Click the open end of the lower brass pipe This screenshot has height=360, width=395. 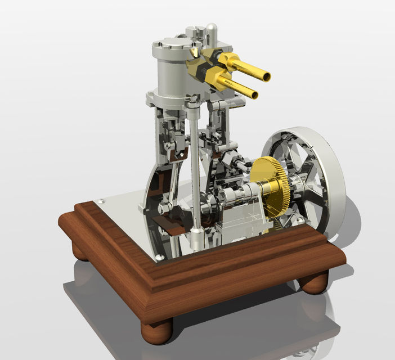tap(255, 94)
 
